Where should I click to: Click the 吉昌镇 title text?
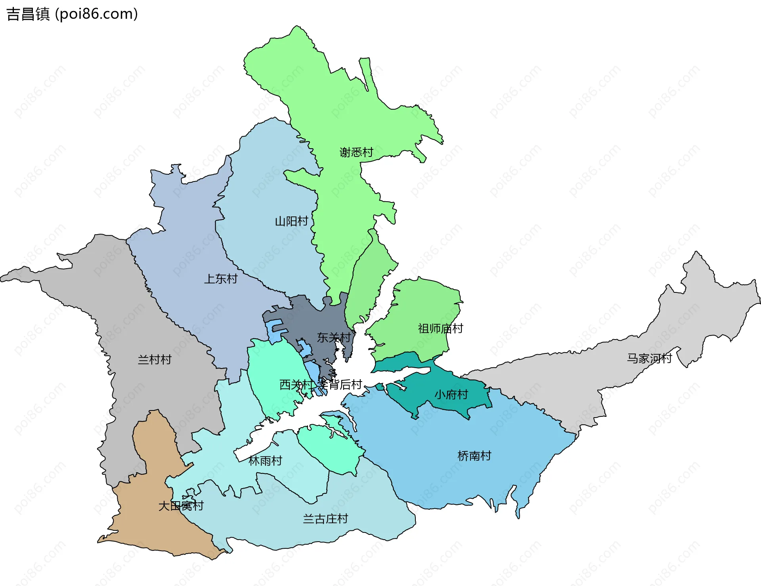coord(28,14)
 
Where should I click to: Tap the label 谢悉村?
coord(356,152)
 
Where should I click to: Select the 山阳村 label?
coord(291,221)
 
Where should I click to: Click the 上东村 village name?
coord(221,279)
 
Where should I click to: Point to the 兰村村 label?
coord(155,360)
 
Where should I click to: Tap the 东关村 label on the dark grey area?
coord(334,338)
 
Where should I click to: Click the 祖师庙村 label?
coord(440,328)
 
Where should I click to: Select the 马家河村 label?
coord(649,359)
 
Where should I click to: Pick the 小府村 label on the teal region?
coord(451,395)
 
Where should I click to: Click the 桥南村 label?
coord(474,456)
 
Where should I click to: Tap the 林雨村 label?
coord(265,461)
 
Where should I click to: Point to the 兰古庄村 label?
coord(325,519)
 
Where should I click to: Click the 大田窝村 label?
coord(181,506)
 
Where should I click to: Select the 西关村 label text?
coord(296,385)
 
